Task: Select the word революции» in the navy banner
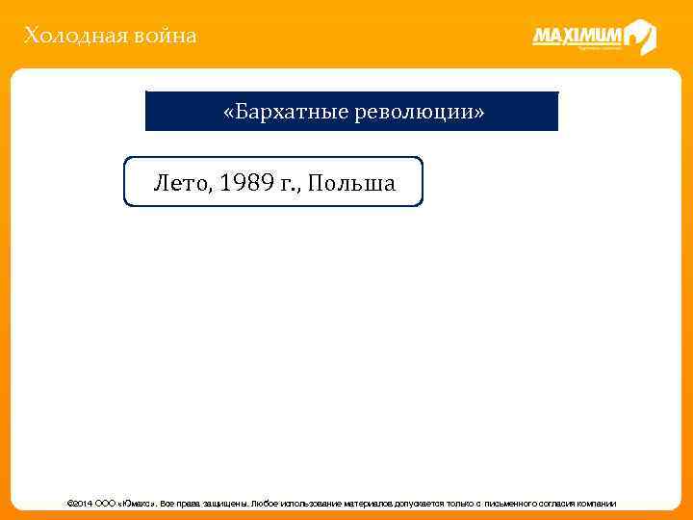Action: [420, 112]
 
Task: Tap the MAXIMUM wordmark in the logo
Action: [577, 37]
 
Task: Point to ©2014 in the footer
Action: [78, 504]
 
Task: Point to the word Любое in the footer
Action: [263, 504]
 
